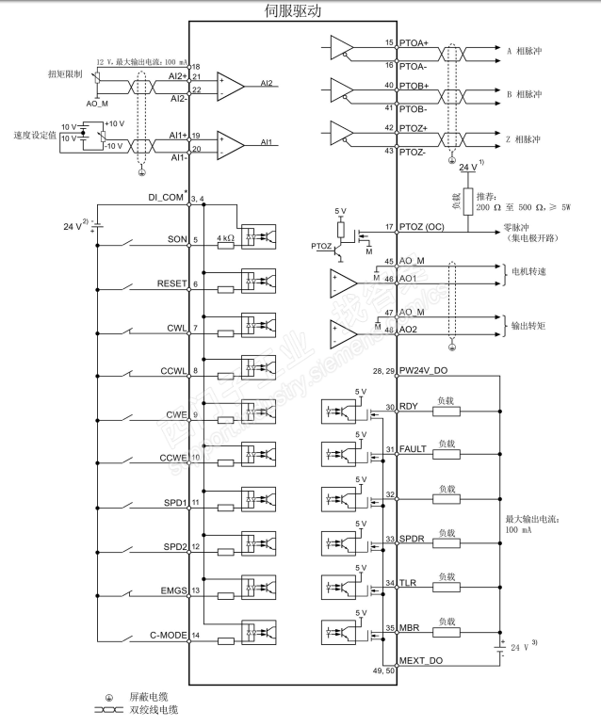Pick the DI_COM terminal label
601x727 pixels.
pos(163,199)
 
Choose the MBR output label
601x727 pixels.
pos(410,627)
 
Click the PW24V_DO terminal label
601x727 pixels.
pos(429,371)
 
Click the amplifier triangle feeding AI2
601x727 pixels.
pos(230,84)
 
